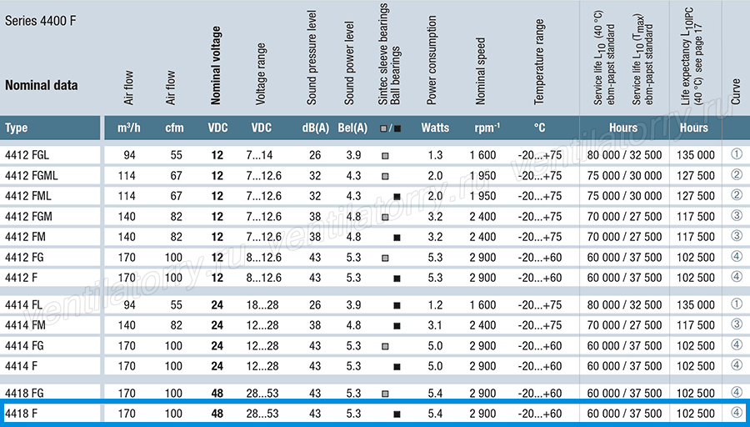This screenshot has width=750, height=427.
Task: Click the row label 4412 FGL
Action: tap(27, 155)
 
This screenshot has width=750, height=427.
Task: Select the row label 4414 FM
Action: tap(25, 325)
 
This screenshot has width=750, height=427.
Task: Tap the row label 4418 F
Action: tap(21, 414)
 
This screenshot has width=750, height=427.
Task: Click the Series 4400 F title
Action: tap(41, 21)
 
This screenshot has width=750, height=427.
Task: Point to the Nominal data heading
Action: tap(41, 85)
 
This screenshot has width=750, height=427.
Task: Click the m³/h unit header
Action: tap(129, 128)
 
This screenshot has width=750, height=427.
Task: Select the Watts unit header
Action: tap(435, 128)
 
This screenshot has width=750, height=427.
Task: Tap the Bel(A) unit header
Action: tap(352, 128)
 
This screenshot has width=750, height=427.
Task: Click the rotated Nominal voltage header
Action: tap(216, 66)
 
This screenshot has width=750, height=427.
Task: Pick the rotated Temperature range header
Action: tap(539, 62)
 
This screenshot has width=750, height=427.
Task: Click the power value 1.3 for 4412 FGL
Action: tap(435, 155)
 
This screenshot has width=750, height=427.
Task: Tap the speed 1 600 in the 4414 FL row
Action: tap(482, 305)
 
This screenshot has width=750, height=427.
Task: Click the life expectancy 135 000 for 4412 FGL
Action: tap(696, 155)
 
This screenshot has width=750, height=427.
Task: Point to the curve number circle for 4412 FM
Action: tap(737, 236)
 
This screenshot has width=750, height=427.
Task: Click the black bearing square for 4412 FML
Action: tap(397, 197)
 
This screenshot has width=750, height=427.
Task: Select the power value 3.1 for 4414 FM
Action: tap(435, 325)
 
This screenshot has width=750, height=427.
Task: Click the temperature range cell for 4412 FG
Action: tap(539, 258)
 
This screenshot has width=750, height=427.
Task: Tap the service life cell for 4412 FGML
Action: tap(624, 176)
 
